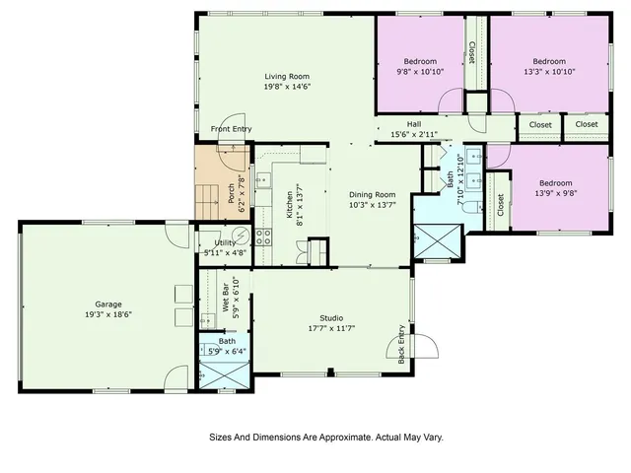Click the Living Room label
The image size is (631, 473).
point(287,77)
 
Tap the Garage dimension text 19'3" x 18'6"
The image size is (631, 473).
point(108,314)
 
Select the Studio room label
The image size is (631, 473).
point(331,318)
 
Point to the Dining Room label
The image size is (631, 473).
point(373,195)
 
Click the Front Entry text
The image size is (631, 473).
point(232,129)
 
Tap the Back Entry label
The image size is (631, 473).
point(401,344)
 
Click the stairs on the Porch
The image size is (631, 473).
point(207,202)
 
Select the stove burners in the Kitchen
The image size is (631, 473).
point(263,236)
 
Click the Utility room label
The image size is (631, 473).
point(225,243)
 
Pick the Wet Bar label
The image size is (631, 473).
point(226,298)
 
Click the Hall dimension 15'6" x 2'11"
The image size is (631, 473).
point(414,134)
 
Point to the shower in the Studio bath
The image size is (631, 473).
point(225,374)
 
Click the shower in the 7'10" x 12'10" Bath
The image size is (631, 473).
point(438,240)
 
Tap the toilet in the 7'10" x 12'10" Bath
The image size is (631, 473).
point(471,207)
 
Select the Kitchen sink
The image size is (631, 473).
point(263,180)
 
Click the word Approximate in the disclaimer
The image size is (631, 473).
point(346,438)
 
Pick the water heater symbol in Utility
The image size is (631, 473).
point(243,235)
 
